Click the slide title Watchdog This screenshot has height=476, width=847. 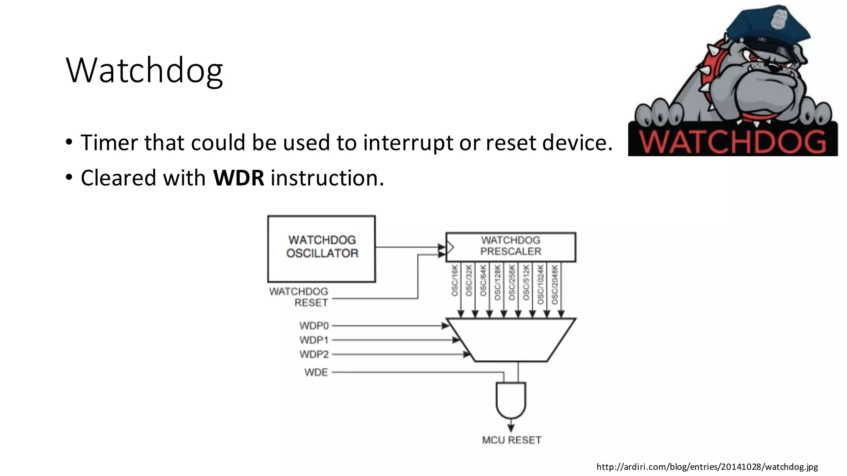144,70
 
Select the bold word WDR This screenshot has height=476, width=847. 238,178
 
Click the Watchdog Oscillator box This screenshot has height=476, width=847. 322,248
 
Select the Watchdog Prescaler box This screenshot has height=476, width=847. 510,247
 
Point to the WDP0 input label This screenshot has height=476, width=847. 314,326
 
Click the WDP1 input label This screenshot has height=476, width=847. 314,340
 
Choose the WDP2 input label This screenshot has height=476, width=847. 314,355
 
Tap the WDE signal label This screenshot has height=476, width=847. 316,372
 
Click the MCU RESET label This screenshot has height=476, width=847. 512,440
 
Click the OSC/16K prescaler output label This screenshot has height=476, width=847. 455,281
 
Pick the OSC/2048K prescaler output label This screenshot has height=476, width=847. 555,284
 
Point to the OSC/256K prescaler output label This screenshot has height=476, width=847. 512,283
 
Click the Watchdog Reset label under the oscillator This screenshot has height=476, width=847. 299,297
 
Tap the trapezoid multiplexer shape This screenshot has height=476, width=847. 511,340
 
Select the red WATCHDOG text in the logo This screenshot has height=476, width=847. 732,142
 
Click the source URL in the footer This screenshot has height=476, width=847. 707,467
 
